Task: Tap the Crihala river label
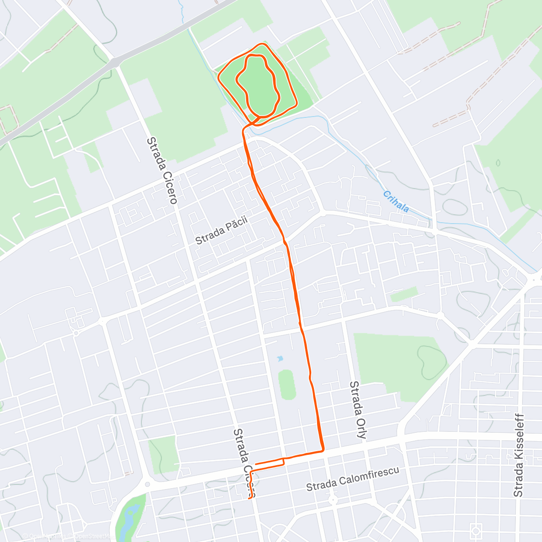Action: pyautogui.click(x=396, y=201)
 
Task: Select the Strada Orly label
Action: pyautogui.click(x=358, y=410)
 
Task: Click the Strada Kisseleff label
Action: pyautogui.click(x=519, y=455)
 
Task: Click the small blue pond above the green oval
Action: pyautogui.click(x=280, y=359)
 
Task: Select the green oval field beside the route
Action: pyautogui.click(x=286, y=384)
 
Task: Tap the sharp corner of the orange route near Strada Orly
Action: pyautogui.click(x=323, y=450)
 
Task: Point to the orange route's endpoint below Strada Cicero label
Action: pyautogui.click(x=249, y=499)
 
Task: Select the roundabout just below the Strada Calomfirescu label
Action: pyautogui.click(x=333, y=500)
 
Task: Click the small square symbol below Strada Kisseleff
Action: pyautogui.click(x=475, y=530)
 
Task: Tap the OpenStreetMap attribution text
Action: pyautogui.click(x=68, y=537)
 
